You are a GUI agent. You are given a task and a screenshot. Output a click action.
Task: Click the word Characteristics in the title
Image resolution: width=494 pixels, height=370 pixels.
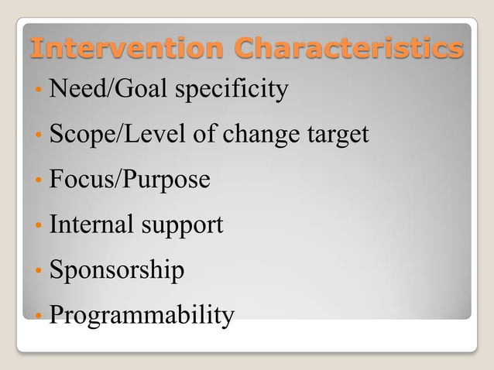[350, 48]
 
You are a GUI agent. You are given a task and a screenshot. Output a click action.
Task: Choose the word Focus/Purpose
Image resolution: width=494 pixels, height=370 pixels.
[129, 180]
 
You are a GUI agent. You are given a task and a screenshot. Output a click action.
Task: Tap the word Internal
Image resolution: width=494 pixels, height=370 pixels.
[91, 225]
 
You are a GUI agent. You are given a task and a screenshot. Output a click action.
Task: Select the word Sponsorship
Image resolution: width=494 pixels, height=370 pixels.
[117, 271]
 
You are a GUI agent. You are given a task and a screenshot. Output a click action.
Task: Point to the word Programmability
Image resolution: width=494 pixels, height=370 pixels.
[142, 316]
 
